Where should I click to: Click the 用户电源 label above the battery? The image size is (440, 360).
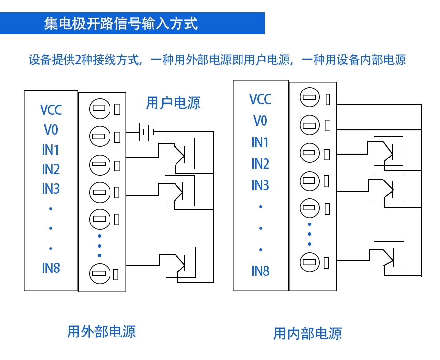point(173,103)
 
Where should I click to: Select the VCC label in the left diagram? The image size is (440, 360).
point(51,110)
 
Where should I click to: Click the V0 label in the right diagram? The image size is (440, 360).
point(260,121)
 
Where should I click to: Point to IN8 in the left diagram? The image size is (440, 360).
point(51,268)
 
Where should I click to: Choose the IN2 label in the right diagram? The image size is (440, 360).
point(260,164)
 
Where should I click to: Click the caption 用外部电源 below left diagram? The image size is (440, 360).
point(101,332)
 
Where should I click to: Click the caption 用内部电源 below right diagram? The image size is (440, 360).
point(308,334)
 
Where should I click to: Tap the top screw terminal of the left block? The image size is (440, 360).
point(99,109)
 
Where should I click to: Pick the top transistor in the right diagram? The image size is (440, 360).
point(388,151)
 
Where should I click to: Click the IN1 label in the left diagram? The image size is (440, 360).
point(51,150)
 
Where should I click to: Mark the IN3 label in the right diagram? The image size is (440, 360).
point(260,185)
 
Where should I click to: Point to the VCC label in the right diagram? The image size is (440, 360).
point(260,99)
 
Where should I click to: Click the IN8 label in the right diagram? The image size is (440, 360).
point(260,271)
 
